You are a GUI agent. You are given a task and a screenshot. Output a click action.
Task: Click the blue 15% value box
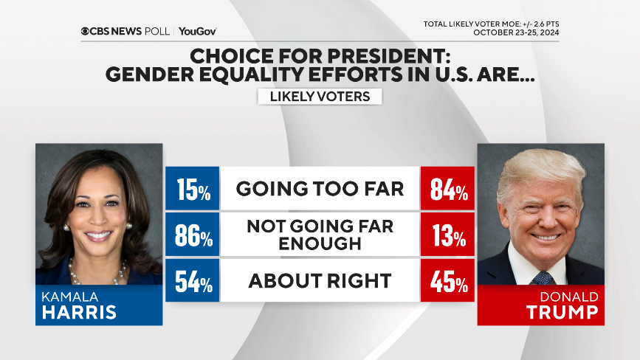coord(192,190)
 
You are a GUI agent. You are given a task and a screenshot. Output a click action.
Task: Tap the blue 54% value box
coord(192,281)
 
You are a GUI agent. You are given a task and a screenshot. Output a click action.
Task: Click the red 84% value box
coord(446,190)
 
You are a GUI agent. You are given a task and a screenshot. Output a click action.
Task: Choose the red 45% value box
coord(446,281)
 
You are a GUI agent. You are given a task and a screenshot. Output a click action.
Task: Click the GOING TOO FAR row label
coord(320,190)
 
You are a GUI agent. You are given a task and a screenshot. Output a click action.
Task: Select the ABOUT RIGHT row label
coord(320,281)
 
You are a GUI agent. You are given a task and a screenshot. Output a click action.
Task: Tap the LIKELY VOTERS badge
coord(320,96)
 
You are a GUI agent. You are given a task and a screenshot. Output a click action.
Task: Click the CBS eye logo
coord(85,31)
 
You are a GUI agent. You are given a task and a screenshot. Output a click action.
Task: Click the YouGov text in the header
coord(198,31)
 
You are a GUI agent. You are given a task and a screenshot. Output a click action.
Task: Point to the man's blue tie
coord(543,277)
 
